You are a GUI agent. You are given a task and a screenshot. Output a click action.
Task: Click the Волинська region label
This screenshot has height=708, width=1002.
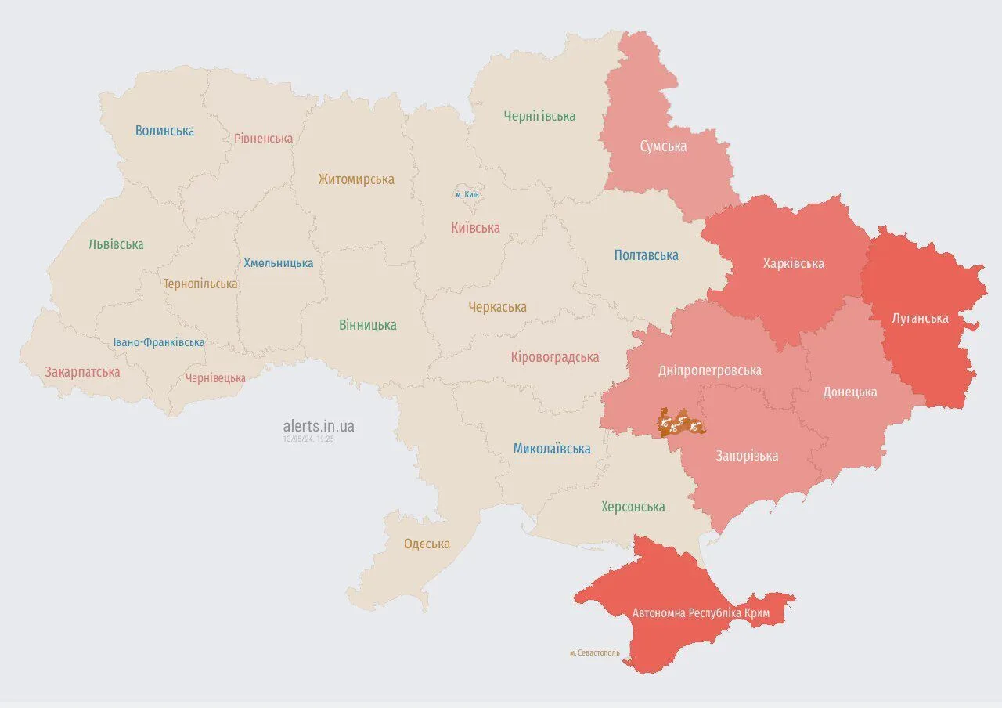pos(164,131)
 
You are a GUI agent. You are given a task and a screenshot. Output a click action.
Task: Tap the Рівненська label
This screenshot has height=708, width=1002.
pos(263,139)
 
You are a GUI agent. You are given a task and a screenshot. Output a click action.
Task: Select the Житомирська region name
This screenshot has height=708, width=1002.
pos(356,179)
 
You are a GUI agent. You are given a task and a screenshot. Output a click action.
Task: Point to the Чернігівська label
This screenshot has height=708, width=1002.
pos(539,117)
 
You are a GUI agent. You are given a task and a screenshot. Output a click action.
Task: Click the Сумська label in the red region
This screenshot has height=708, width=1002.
pos(663,146)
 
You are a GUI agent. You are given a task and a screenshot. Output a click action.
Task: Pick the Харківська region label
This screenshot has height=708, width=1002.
pos(793,263)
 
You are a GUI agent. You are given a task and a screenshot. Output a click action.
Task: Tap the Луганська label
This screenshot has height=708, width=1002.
pos(920,318)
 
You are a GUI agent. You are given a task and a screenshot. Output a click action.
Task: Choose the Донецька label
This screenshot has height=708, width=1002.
pos(849,392)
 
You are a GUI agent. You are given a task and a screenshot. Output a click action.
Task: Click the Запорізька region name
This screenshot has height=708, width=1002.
pos(747,456)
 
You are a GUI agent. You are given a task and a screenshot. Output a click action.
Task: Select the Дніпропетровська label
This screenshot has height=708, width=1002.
pos(709,370)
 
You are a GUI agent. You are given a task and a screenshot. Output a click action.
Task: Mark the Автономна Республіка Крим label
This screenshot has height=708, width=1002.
pos(701,613)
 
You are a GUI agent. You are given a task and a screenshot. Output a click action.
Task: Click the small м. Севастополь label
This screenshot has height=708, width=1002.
pos(594,652)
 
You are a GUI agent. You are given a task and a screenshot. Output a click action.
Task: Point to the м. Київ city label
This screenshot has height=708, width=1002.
pos(467,194)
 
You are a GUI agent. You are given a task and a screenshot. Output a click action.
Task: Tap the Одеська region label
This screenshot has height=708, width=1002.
pos(427,544)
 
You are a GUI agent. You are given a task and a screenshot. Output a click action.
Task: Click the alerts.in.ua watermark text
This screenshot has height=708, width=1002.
pos(319,426)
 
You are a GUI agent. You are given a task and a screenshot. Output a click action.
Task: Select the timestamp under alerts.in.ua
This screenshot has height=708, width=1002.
pos(308,439)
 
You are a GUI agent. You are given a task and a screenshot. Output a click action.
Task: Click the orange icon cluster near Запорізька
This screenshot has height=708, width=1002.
pos(680,423)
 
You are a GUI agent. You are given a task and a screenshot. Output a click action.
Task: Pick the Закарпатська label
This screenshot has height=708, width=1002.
pos(82,372)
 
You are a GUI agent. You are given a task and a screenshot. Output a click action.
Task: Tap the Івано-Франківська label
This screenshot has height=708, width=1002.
pos(159,342)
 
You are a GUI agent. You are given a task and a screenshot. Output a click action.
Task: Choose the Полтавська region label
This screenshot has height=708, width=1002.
pos(646,255)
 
